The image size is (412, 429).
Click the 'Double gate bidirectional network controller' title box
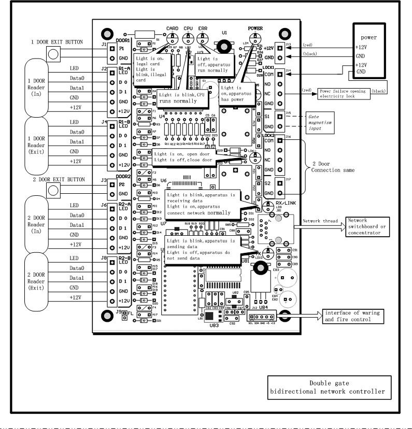point(327,387)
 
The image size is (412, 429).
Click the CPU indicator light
point(188,38)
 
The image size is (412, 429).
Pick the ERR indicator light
point(203,38)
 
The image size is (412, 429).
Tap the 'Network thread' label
point(320,221)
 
